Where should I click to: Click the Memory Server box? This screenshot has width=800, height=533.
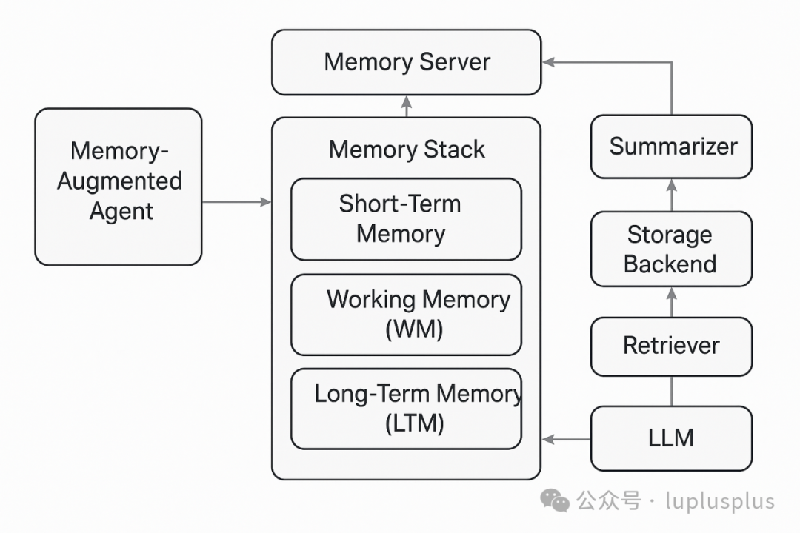click(x=406, y=62)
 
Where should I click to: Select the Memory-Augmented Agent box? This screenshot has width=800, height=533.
click(x=119, y=187)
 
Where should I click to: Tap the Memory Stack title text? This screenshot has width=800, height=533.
click(x=407, y=150)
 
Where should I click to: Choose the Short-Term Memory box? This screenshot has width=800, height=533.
click(x=406, y=219)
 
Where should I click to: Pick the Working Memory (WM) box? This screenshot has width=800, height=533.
click(x=406, y=315)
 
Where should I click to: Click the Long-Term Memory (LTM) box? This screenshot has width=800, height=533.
click(x=406, y=409)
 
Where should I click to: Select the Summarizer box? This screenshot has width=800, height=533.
click(x=672, y=147)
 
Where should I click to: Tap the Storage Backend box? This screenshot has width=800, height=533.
click(x=671, y=249)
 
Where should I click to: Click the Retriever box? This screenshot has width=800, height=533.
click(x=671, y=346)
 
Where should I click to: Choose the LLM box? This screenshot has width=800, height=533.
click(x=671, y=438)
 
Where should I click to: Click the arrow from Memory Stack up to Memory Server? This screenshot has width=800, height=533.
click(x=406, y=107)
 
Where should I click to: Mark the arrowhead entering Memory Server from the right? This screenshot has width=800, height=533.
click(x=548, y=63)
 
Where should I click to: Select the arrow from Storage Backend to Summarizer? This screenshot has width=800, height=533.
click(x=672, y=195)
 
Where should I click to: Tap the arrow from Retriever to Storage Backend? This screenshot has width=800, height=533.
click(x=672, y=302)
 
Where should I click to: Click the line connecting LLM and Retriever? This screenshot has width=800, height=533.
click(x=672, y=391)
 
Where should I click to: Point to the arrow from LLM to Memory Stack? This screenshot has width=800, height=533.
click(x=567, y=439)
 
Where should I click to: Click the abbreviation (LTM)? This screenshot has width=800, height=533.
click(x=415, y=424)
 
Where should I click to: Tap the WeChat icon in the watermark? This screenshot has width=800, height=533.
click(x=555, y=500)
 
